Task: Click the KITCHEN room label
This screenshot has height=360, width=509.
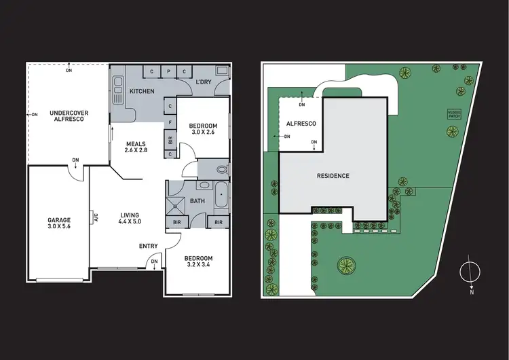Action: tap(142, 91)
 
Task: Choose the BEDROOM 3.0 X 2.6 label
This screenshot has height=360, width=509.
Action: tap(203, 130)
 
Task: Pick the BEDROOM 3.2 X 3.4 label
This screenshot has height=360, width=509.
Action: tap(198, 262)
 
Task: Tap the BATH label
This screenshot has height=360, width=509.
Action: tap(197, 201)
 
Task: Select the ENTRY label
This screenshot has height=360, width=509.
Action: tap(148, 246)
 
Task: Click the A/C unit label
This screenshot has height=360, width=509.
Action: tap(96, 218)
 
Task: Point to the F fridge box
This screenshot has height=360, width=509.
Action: tap(170, 122)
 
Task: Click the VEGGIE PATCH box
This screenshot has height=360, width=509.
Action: tap(454, 114)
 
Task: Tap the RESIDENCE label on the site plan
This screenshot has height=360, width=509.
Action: tap(333, 177)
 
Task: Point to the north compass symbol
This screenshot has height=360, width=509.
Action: tap(468, 272)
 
